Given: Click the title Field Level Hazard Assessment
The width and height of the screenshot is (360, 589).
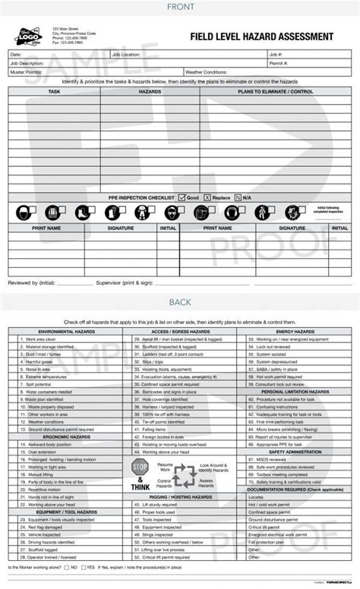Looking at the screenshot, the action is click(x=264, y=36).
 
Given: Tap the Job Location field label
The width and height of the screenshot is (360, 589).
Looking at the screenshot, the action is click(x=126, y=55).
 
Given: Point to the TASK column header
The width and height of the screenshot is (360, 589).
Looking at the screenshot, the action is click(x=54, y=91).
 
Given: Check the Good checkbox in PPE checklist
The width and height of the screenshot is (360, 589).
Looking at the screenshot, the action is click(x=182, y=197).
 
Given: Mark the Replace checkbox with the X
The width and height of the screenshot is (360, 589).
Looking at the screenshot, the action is click(x=207, y=197).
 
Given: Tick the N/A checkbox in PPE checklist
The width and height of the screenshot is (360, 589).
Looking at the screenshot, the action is click(x=238, y=197).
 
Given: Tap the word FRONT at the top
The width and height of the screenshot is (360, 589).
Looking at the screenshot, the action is click(x=180, y=7).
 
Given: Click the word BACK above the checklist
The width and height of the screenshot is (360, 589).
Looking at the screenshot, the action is click(x=180, y=302).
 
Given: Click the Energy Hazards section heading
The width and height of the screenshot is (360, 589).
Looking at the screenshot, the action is click(x=295, y=332).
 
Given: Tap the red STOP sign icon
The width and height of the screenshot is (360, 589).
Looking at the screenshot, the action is click(x=140, y=465).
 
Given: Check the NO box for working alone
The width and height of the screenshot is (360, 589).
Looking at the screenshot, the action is click(x=68, y=567).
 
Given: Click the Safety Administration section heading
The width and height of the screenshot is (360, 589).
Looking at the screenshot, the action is click(x=295, y=452).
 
